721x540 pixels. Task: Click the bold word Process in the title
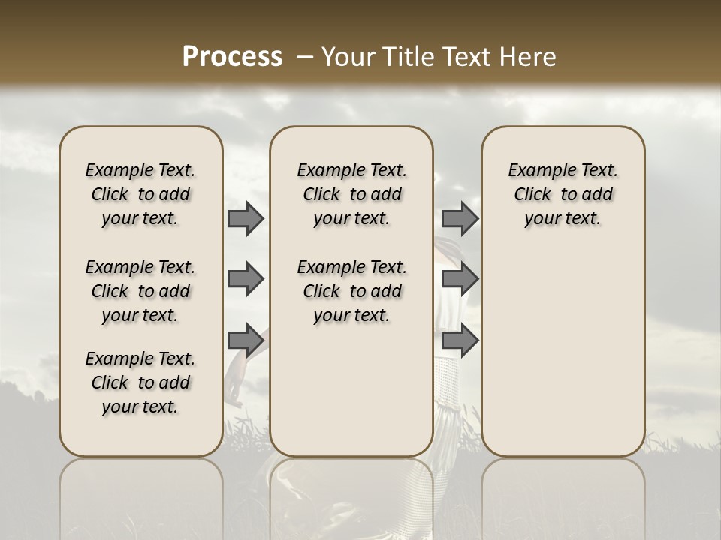click(232, 56)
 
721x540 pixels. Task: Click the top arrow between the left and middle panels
click(246, 218)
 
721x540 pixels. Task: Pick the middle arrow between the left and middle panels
click(246, 280)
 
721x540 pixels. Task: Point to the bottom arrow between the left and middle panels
click(246, 340)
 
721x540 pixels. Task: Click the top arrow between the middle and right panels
click(460, 218)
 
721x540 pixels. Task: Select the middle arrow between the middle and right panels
click(460, 280)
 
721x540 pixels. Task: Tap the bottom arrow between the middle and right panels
click(460, 340)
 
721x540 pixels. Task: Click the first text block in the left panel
click(140, 194)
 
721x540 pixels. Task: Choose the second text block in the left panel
click(140, 291)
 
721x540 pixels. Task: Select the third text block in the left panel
click(140, 382)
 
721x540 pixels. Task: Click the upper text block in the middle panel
click(351, 194)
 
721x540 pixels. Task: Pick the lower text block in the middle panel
click(351, 291)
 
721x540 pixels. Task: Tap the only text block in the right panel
click(563, 194)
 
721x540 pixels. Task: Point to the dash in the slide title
click(305, 57)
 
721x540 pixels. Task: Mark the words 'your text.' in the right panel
click(563, 219)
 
